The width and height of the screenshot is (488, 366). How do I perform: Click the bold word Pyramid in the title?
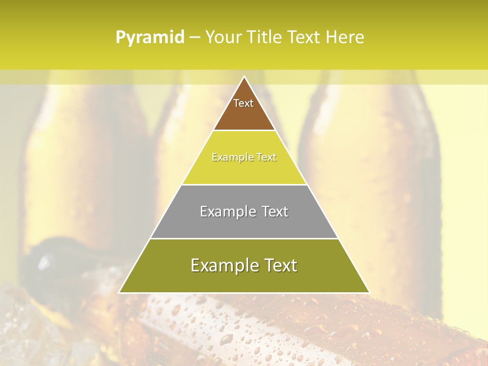tap(150, 38)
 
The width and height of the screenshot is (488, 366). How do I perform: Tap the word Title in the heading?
tap(264, 38)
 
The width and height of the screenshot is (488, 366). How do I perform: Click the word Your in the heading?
tap(224, 38)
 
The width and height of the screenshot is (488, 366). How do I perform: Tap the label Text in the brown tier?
tap(243, 103)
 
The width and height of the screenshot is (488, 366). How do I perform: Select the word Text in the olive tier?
tap(278, 265)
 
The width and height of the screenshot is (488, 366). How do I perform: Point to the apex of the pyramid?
tap(244, 77)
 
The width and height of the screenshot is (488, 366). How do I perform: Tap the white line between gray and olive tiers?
tap(244, 238)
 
